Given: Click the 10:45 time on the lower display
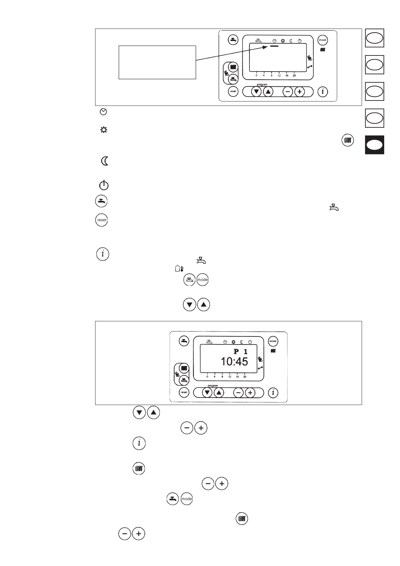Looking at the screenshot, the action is point(234,362).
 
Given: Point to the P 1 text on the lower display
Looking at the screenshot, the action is point(241,352).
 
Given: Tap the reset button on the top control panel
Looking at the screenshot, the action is point(233,91).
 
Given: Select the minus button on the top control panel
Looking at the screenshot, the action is point(288,91).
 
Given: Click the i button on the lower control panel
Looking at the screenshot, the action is point(273,393).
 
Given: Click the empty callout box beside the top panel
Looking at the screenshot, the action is point(157,63).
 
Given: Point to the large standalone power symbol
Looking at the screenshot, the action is point(104,185).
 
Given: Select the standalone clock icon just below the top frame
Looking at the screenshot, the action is point(104,112).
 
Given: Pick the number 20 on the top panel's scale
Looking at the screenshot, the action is point(294,76).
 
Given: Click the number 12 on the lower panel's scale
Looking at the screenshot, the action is point(230,377).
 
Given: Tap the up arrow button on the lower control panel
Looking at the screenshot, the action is point(219,392).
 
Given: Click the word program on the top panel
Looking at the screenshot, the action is point(262,84).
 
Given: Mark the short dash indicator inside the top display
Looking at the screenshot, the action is point(274,46).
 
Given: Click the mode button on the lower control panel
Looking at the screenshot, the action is point(273,341).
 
